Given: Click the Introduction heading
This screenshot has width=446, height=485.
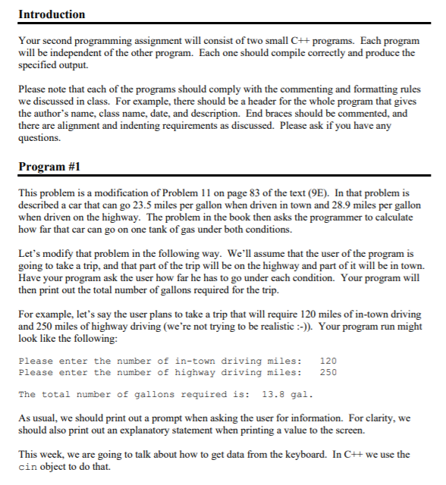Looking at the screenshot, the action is (x=52, y=14).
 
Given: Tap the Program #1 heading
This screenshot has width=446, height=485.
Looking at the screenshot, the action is (x=50, y=166).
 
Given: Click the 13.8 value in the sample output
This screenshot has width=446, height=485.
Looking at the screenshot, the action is (x=272, y=394).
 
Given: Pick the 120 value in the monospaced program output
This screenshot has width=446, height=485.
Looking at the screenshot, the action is (x=328, y=361).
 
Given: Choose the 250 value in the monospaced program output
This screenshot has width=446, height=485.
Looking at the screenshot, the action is (x=328, y=372).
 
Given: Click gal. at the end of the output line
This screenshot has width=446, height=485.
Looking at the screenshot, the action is (x=303, y=394).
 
